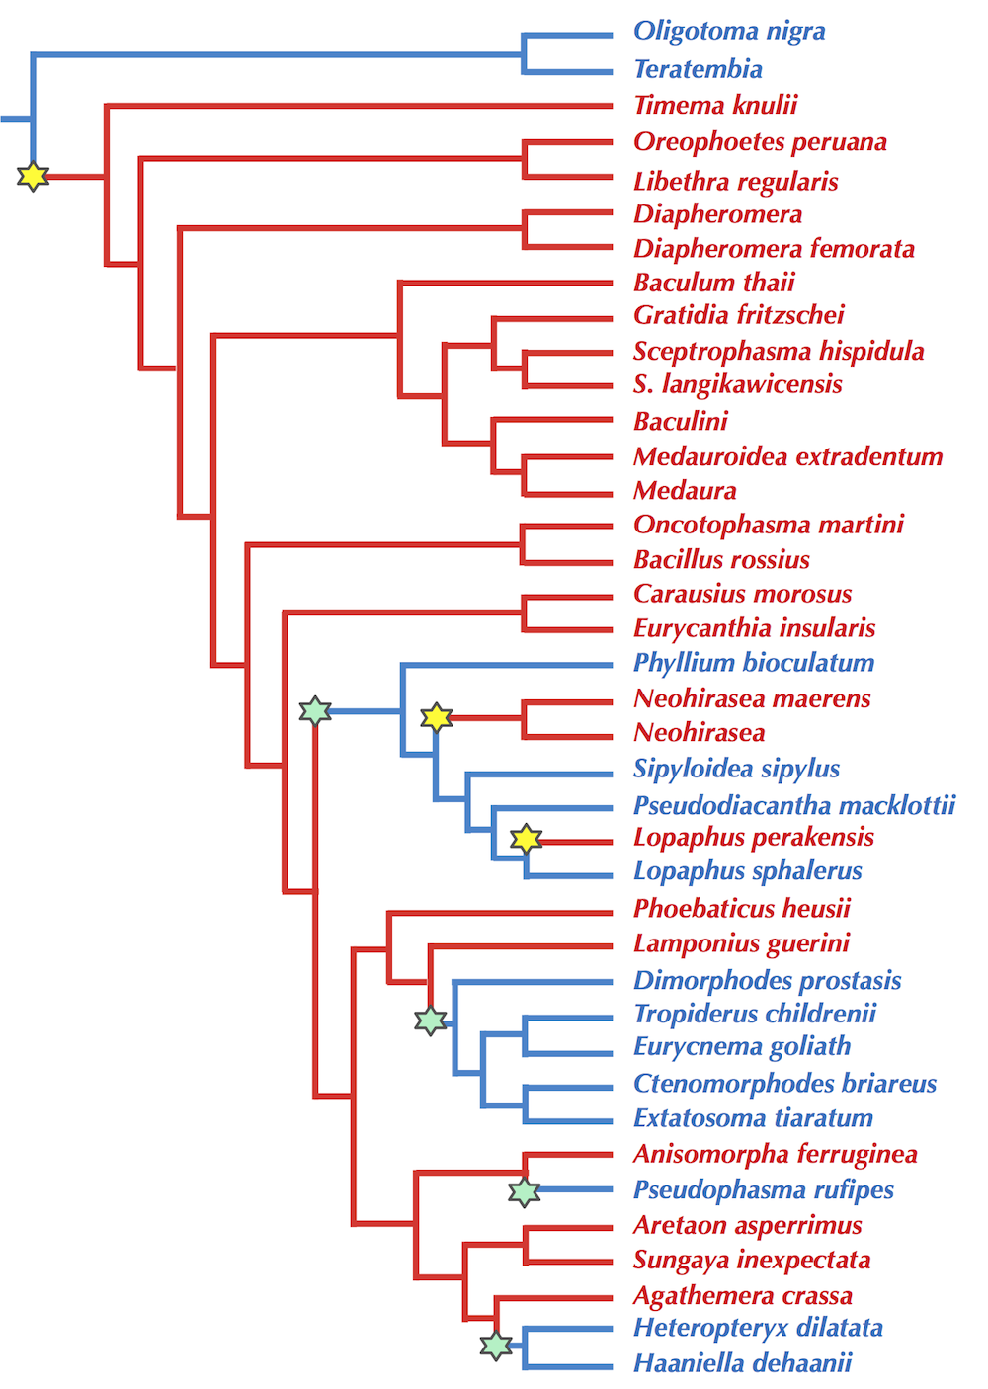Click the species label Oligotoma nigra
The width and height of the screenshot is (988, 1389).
[x=729, y=32]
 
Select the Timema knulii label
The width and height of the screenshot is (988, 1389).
[x=715, y=105]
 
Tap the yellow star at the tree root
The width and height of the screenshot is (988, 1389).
[x=33, y=177]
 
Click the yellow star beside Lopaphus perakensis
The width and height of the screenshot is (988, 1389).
[x=526, y=839]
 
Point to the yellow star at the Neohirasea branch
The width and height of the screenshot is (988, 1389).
[x=436, y=717]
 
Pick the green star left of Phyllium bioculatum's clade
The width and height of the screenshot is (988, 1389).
[x=314, y=710]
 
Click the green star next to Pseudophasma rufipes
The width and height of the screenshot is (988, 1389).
[x=524, y=1192]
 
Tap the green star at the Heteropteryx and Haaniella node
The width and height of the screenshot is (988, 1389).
[x=496, y=1345]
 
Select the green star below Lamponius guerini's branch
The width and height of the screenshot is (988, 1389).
[x=430, y=1021]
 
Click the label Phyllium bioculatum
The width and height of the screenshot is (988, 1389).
[x=754, y=663]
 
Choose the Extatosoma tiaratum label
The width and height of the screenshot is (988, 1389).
[x=753, y=1118]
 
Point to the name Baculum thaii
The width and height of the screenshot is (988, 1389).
[x=714, y=283]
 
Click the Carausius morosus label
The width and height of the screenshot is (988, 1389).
[x=742, y=594]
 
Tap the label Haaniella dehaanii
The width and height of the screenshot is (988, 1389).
[x=742, y=1363]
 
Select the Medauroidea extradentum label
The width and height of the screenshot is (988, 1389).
[x=787, y=456]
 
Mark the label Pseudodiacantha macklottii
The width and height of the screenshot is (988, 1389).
[x=794, y=805]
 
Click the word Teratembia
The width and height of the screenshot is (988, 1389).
[x=698, y=69]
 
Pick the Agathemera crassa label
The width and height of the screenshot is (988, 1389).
[x=742, y=1295]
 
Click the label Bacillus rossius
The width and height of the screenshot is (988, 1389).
[x=721, y=560]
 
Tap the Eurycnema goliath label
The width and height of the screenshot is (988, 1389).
[x=742, y=1047]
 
